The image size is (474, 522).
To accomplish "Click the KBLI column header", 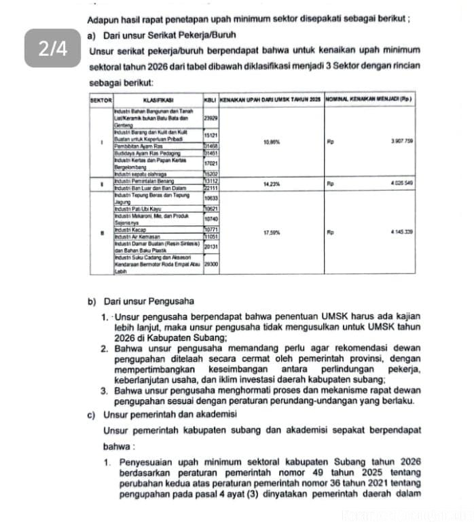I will (210, 100).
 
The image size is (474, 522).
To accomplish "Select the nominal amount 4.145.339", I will (402, 232).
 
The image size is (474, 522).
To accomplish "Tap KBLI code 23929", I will (211, 117).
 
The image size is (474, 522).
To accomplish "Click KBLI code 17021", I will (211, 164).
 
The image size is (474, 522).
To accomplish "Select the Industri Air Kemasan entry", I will (133, 236).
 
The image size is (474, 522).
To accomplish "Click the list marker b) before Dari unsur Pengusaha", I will (92, 301).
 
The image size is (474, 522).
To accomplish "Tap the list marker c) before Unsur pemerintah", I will (92, 414).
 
